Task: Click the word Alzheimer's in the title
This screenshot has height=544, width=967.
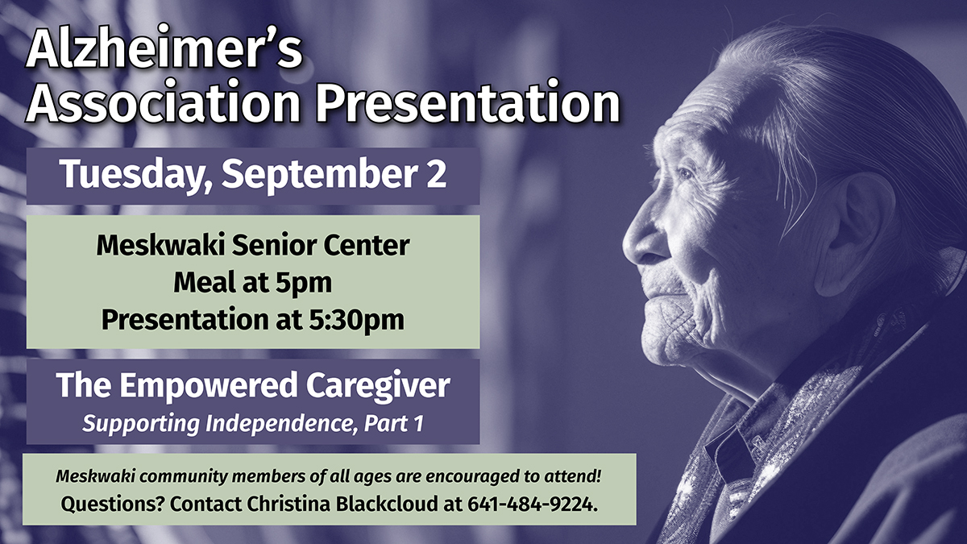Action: click(x=164, y=49)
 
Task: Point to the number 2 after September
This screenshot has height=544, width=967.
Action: click(x=437, y=173)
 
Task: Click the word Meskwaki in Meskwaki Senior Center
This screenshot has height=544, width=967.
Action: click(x=160, y=246)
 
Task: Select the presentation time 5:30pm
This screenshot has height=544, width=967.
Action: click(x=356, y=321)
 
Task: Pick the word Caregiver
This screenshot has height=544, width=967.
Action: click(x=378, y=385)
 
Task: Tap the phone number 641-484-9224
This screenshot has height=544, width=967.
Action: click(x=533, y=504)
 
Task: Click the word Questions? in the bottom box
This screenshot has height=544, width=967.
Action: click(x=112, y=505)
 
